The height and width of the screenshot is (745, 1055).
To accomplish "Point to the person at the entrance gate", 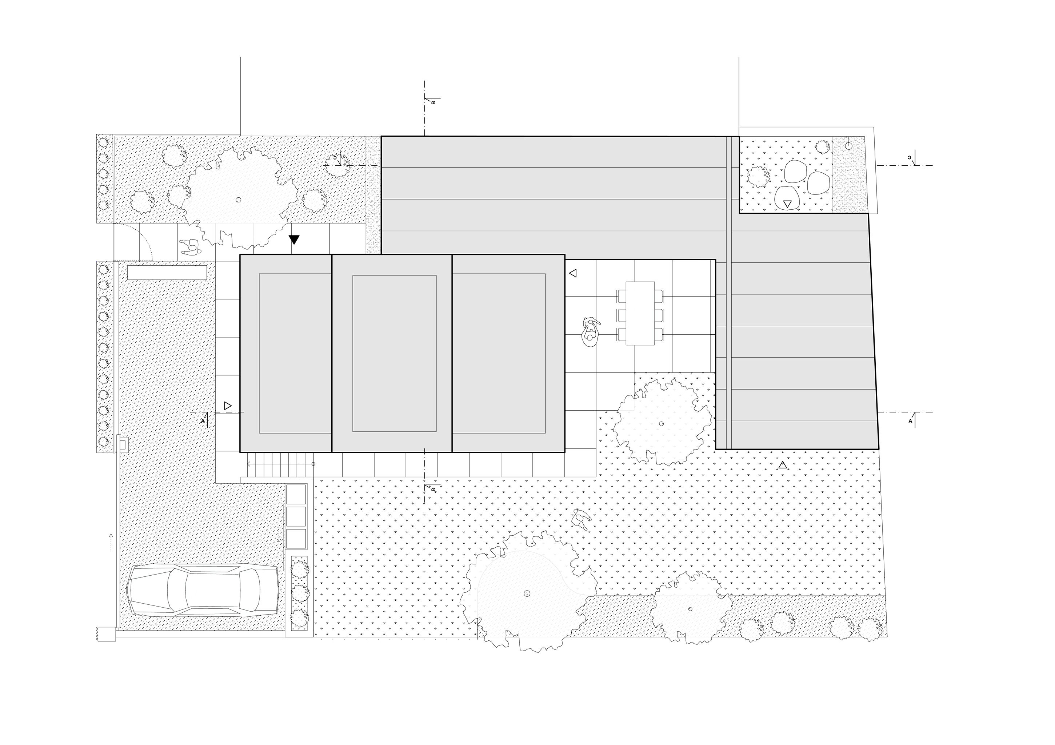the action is (x=189, y=247).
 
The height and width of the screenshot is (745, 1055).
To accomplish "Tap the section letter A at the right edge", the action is (x=910, y=420).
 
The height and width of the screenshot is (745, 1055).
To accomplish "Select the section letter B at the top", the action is (x=433, y=102).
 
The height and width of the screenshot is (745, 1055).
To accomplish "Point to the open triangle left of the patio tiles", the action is (x=572, y=273).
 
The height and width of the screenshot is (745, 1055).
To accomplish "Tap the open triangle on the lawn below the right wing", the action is (x=783, y=465).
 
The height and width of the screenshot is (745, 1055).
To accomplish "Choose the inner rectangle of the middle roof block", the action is (x=394, y=353).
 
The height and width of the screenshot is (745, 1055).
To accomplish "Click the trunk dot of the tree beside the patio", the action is (x=661, y=423).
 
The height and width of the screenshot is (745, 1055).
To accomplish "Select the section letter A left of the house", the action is (x=203, y=420).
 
